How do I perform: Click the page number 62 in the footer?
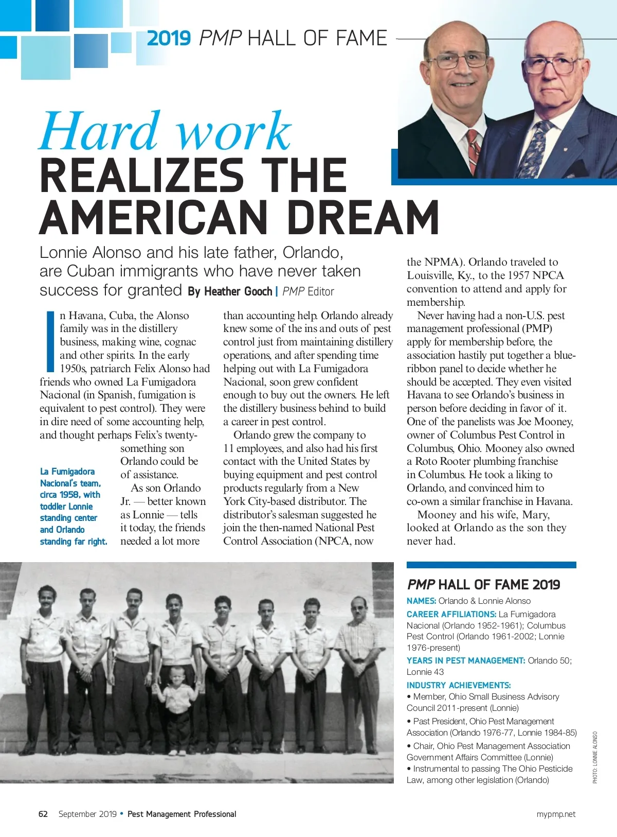(x=43, y=814)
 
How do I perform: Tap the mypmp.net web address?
(x=556, y=814)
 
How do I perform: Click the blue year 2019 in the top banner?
(x=169, y=39)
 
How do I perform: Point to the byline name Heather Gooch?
(x=238, y=292)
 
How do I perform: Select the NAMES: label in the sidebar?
(x=421, y=601)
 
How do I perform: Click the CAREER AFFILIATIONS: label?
(x=451, y=614)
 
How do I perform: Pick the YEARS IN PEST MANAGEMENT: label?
(x=466, y=660)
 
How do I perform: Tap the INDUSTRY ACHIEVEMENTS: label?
(x=459, y=685)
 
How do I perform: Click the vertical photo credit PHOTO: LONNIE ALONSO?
(x=595, y=757)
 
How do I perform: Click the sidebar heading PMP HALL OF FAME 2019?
(x=483, y=585)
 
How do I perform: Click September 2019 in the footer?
(x=87, y=814)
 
